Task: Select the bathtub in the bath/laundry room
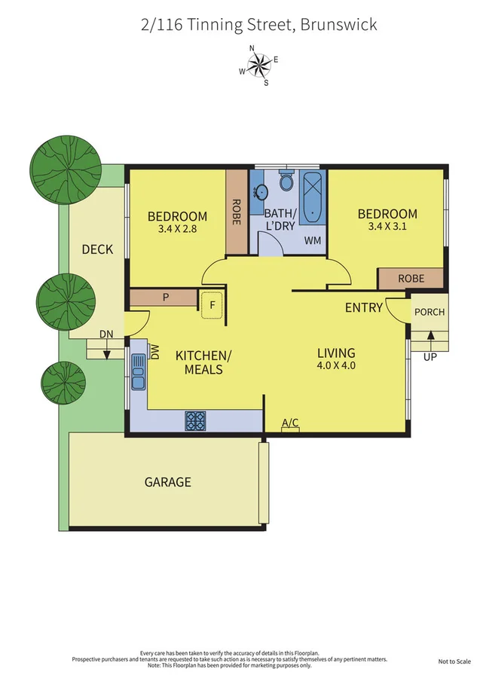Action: (310, 198)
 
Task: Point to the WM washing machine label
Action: (312, 241)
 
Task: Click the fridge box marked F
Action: (212, 305)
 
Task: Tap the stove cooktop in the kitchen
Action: (196, 420)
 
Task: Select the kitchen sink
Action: (138, 372)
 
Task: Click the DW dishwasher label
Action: (154, 352)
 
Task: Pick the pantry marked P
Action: (165, 298)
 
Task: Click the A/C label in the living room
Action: (290, 424)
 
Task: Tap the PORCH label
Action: (430, 312)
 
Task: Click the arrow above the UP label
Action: (430, 335)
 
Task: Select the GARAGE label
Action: (167, 482)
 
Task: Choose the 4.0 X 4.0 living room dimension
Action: (335, 366)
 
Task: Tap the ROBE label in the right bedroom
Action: (411, 278)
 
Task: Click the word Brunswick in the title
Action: (338, 25)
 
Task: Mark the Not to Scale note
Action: (454, 661)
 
